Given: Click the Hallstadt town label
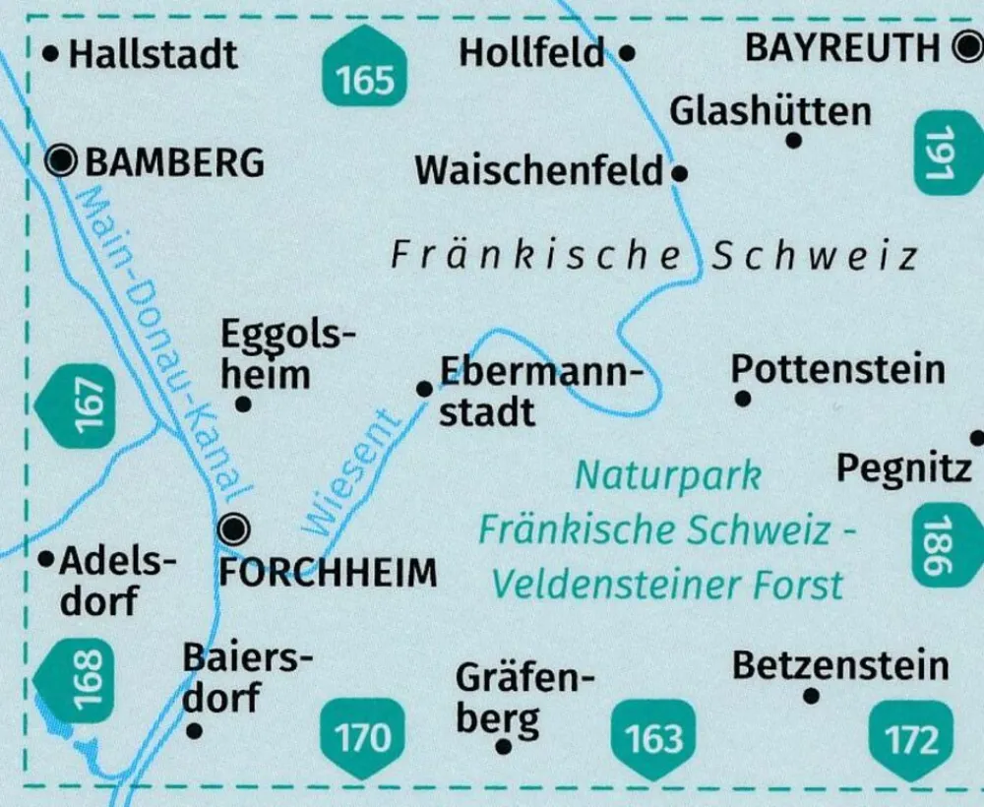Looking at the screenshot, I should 153,53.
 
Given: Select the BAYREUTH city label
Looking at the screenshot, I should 842,47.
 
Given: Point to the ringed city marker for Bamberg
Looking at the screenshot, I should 64,158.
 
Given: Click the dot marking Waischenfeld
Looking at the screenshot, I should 678,174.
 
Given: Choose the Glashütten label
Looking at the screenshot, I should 770,111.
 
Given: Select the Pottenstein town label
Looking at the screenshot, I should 837,370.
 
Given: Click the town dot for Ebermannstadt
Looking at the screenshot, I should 424,390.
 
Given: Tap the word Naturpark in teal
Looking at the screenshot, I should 668,475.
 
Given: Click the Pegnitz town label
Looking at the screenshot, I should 903,469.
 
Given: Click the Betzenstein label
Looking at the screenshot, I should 840,666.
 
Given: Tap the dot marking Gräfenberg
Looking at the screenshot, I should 504,747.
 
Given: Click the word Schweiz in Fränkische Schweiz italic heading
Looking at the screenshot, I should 815,256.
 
